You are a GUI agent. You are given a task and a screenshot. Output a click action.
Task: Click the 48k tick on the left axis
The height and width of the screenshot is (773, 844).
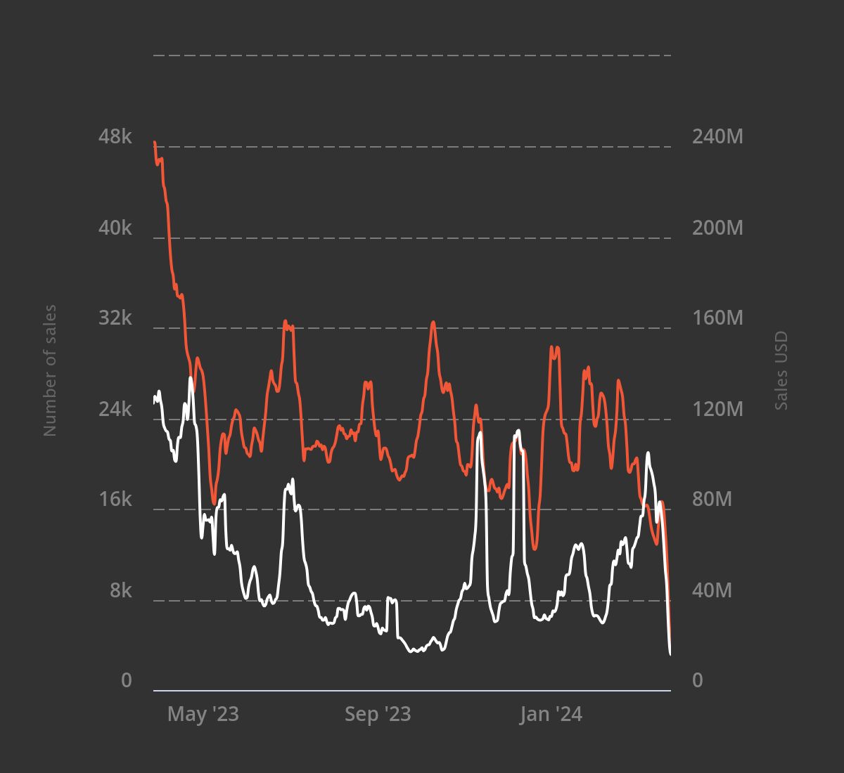point(115,136)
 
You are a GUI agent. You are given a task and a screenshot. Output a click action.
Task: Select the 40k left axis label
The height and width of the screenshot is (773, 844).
point(115,228)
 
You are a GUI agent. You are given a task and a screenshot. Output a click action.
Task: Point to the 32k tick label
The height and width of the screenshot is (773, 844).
point(115,318)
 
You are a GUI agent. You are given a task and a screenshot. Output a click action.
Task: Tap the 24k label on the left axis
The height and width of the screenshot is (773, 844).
point(115,409)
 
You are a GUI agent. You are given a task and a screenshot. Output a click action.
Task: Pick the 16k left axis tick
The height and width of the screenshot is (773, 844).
point(115,499)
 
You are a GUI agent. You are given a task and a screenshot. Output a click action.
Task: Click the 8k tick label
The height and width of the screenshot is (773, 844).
point(121,590)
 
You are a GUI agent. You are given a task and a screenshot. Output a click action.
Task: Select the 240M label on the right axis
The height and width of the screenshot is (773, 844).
point(717,136)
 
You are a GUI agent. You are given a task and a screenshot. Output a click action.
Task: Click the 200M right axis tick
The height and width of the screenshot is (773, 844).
point(717,228)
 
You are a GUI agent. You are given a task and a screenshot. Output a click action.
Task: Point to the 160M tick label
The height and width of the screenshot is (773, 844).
point(717,318)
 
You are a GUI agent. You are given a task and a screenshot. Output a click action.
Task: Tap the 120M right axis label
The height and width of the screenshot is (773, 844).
point(717,409)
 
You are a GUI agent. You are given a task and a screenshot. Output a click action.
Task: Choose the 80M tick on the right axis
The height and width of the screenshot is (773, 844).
point(712,499)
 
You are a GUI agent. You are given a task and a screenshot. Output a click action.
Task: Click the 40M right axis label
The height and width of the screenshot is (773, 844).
point(712,590)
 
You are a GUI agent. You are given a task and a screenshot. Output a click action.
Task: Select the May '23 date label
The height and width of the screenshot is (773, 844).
point(203,715)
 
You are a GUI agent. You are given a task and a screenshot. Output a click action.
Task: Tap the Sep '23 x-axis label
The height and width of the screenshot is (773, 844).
point(378,715)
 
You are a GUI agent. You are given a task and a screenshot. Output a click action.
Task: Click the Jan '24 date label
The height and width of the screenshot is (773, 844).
point(551,715)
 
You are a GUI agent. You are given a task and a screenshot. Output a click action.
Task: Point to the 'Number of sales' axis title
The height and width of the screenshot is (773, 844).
point(50,370)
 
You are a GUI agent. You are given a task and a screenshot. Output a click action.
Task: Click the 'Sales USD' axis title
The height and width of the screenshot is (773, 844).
point(781,370)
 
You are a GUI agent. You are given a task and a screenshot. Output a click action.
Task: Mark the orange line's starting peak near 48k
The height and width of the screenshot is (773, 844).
point(155,143)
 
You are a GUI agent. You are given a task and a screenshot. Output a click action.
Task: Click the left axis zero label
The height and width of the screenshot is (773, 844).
point(127,680)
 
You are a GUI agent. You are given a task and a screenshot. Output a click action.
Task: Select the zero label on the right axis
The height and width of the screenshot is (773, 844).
point(698,680)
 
